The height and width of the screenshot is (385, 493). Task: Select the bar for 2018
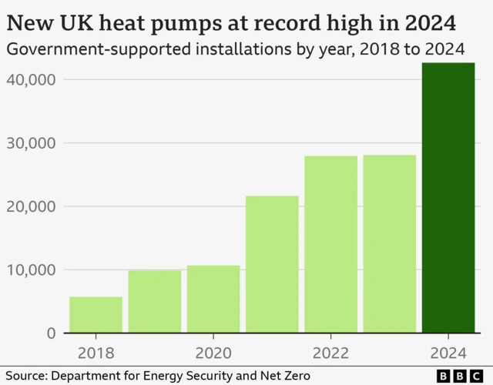click(x=96, y=315)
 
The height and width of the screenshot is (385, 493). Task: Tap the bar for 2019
click(x=155, y=302)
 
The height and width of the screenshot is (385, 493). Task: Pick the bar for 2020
click(x=213, y=300)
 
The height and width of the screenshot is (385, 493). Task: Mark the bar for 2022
click(x=330, y=245)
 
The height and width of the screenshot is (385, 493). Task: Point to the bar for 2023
click(x=390, y=244)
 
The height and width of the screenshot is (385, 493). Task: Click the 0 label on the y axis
click(x=52, y=333)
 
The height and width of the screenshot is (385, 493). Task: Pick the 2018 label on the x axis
click(x=96, y=353)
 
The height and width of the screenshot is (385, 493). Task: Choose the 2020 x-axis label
click(x=213, y=353)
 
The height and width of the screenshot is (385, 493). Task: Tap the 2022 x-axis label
click(x=330, y=353)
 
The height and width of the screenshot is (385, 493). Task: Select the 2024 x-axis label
click(x=448, y=353)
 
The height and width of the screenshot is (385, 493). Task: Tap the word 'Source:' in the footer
click(x=25, y=375)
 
